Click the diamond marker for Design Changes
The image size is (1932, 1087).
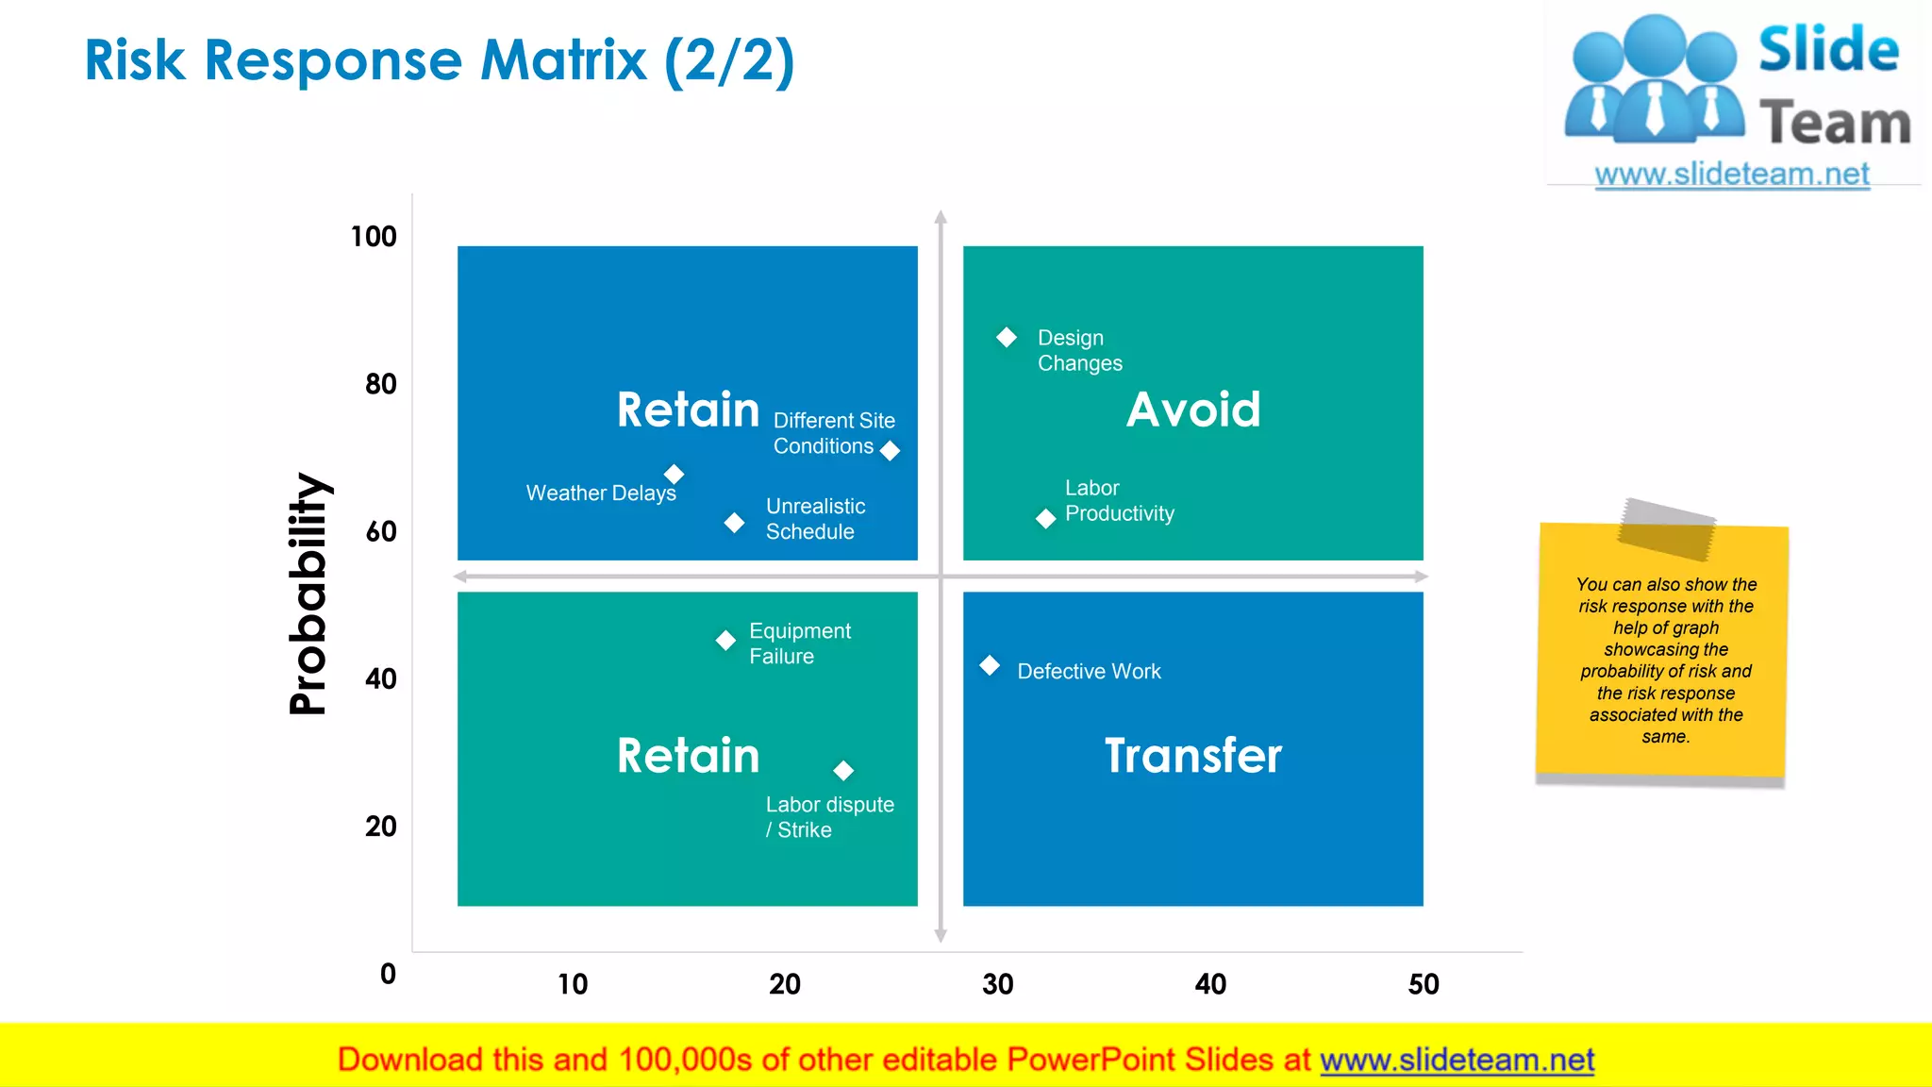[1007, 337]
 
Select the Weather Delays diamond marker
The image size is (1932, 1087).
[674, 474]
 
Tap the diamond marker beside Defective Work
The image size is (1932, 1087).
[990, 665]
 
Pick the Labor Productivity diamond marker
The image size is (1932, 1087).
[1045, 518]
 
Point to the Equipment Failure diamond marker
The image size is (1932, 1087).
[725, 641]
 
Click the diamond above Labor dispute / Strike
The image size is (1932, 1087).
[843, 771]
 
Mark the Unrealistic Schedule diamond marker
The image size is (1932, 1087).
[734, 522]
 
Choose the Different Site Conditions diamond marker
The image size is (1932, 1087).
[890, 451]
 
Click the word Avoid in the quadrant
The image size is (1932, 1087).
[1193, 410]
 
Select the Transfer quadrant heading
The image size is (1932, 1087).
[1193, 756]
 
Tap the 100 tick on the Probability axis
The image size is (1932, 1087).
[374, 237]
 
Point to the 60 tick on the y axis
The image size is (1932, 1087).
[381, 532]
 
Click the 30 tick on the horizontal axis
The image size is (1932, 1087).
[997, 985]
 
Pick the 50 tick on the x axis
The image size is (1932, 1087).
[1424, 985]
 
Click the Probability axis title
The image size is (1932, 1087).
[308, 594]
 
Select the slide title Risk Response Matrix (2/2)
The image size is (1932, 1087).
[440, 60]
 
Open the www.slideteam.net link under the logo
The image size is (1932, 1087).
[1732, 175]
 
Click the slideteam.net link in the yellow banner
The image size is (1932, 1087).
[1457, 1060]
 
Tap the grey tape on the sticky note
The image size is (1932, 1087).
[1667, 528]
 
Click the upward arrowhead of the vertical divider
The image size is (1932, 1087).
[941, 217]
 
